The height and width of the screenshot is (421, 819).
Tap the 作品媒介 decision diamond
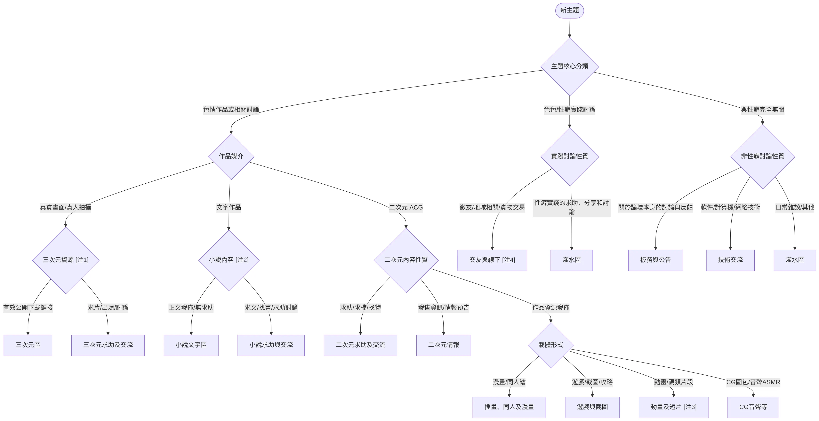(x=231, y=157)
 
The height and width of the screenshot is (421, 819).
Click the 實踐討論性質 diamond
(x=569, y=157)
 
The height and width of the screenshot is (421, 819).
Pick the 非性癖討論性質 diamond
(x=762, y=157)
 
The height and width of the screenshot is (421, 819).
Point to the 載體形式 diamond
(x=551, y=345)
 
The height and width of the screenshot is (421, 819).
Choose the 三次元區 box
(x=28, y=345)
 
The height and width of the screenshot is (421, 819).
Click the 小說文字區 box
(x=191, y=345)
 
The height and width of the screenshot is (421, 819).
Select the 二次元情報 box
(x=444, y=345)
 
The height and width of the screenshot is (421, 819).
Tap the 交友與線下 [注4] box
(x=492, y=260)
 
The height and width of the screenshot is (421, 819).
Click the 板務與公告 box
(x=656, y=260)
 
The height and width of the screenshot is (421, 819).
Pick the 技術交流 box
(x=730, y=260)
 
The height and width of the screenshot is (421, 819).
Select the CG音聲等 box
(x=753, y=407)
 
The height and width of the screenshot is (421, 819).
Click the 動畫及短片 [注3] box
(x=673, y=407)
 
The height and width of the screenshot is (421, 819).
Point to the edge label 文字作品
(x=229, y=207)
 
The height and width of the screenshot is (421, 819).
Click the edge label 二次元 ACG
(x=406, y=207)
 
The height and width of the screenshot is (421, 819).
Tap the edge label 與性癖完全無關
(x=762, y=110)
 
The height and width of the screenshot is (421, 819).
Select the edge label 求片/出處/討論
(x=108, y=308)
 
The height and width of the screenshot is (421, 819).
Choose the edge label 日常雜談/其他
(x=795, y=207)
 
